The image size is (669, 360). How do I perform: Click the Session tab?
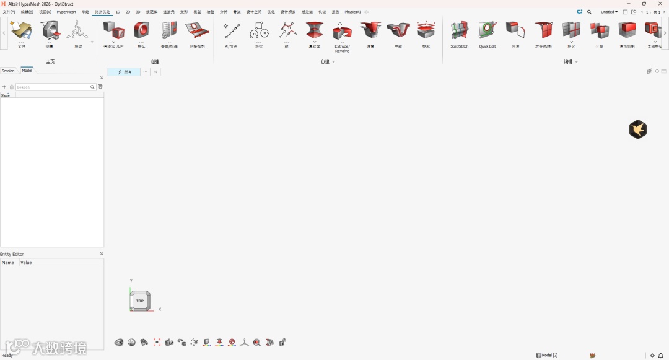8,71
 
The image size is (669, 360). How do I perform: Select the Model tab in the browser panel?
27,71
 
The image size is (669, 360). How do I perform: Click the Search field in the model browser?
53,87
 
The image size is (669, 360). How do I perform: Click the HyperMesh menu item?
66,12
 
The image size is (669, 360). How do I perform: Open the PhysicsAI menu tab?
352,12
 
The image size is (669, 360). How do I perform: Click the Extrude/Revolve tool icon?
342,30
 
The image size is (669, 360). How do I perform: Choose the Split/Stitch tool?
459,30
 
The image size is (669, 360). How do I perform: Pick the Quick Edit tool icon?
488,30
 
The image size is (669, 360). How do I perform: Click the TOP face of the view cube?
140,301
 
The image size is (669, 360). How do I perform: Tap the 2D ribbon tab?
128,12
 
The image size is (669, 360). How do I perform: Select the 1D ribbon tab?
118,12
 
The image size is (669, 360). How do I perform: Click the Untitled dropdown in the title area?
609,12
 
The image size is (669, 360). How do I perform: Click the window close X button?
660,4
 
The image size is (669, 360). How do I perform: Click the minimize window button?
629,4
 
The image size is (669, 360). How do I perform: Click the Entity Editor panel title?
12,254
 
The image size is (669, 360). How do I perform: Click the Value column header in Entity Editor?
26,263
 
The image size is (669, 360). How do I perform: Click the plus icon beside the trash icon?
4,87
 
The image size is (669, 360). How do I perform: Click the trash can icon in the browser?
11,87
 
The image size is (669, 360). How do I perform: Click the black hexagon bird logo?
638,130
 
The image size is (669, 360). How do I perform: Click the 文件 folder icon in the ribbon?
22,30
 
